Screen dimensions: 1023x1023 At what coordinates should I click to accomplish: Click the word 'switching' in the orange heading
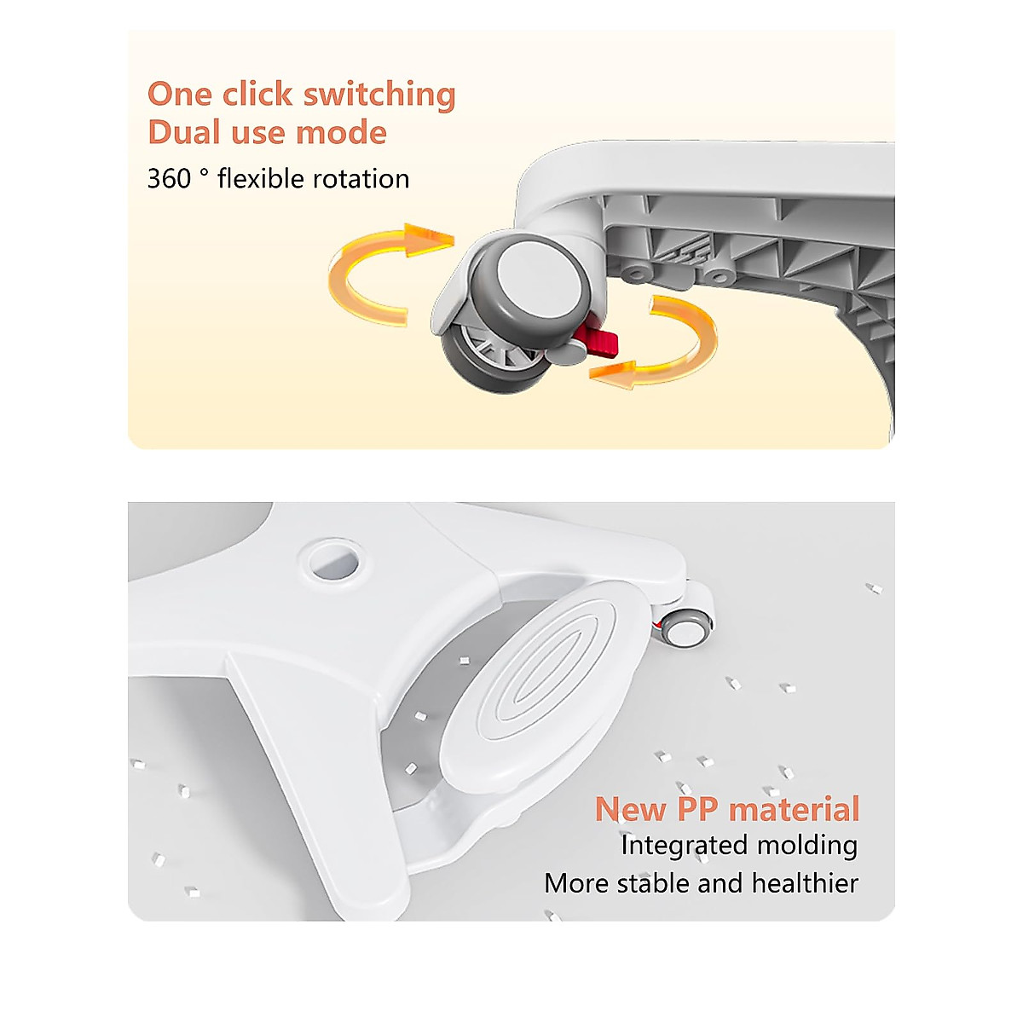point(379,95)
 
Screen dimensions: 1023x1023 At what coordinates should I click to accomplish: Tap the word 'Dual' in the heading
point(183,132)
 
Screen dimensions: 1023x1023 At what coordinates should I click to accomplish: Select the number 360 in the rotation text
point(169,179)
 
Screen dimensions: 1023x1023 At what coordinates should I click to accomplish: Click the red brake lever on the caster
point(601,341)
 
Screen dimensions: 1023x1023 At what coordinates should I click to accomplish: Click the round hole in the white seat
point(335,564)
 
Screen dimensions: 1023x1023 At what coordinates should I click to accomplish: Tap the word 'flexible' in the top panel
point(260,178)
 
